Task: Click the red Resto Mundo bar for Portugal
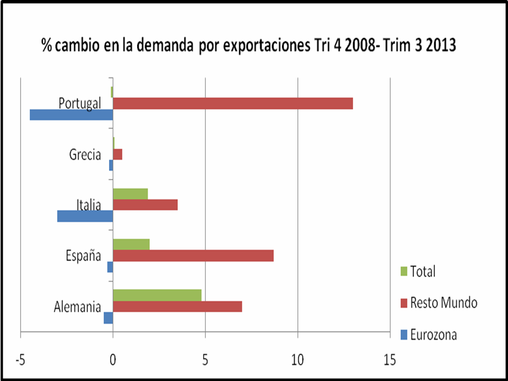click(x=233, y=104)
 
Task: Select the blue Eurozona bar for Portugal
click(x=71, y=115)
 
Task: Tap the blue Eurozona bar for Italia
click(x=85, y=216)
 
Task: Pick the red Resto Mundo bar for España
click(x=193, y=256)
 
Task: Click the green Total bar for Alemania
click(x=157, y=295)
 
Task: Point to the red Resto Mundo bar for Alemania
click(x=177, y=306)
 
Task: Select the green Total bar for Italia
click(x=130, y=194)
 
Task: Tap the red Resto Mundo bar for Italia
click(x=145, y=205)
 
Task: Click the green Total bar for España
click(x=131, y=244)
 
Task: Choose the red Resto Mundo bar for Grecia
click(x=117, y=154)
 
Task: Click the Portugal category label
click(x=79, y=103)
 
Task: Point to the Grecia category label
click(x=85, y=155)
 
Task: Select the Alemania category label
click(x=77, y=307)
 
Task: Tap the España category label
click(x=83, y=256)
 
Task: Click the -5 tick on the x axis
click(x=20, y=360)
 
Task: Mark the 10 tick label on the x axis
click(x=298, y=360)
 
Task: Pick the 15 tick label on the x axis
click(x=390, y=360)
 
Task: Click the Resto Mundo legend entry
click(x=443, y=303)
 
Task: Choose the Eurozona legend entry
click(x=433, y=335)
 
